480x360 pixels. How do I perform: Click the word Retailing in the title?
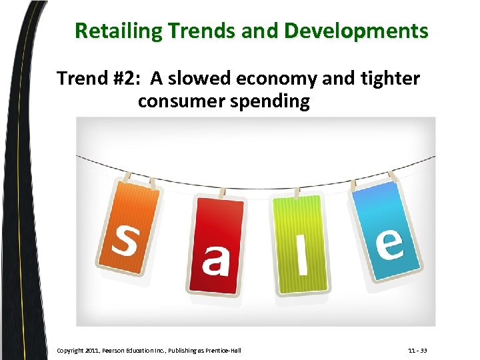[x=117, y=31]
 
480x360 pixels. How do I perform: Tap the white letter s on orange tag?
[x=123, y=239]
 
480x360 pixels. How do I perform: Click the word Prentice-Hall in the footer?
[x=223, y=350]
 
